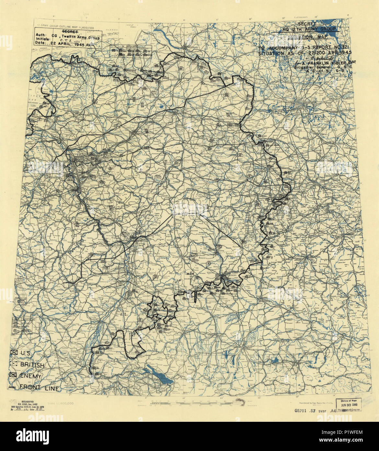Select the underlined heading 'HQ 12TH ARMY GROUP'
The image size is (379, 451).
click(x=305, y=29)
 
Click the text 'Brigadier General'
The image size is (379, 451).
click(x=308, y=67)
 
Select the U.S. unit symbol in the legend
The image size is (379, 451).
click(x=14, y=353)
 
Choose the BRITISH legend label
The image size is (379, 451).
click(x=32, y=365)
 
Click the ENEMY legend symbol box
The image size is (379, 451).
click(x=14, y=376)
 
